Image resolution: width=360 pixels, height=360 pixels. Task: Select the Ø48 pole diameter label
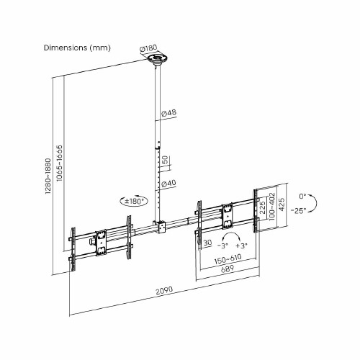(x=169, y=113)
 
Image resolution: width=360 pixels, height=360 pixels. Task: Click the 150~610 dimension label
(x=228, y=257)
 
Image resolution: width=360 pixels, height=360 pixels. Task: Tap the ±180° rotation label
(x=134, y=202)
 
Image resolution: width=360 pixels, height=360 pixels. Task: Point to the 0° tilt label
(x=303, y=195)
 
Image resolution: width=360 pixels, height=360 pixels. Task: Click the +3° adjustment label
(x=241, y=246)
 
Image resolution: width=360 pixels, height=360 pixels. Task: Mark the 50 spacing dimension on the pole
(x=166, y=160)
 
